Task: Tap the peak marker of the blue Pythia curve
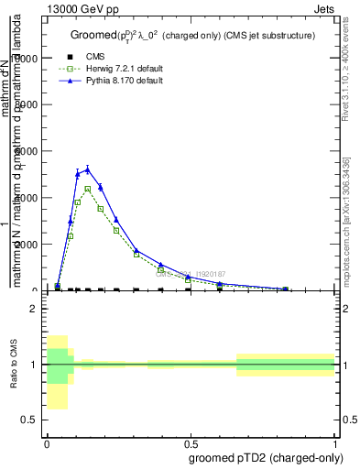[88, 169]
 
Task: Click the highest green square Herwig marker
[88, 189]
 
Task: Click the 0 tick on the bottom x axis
[47, 442]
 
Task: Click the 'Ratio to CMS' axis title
[14, 365]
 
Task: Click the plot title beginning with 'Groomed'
[192, 35]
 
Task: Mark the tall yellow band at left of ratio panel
[57, 373]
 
